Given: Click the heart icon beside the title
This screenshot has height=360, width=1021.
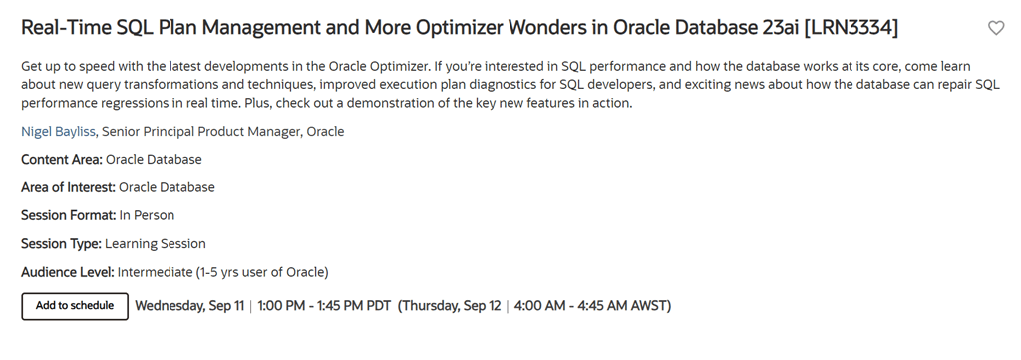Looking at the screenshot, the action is click(996, 28).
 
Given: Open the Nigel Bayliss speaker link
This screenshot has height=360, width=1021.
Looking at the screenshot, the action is click(58, 132).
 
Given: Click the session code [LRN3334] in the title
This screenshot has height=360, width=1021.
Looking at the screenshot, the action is click(851, 28).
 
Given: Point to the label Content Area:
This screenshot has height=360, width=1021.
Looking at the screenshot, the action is click(62, 160).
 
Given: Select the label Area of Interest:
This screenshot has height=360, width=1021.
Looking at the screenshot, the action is click(69, 187).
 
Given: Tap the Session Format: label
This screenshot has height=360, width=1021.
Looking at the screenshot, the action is click(69, 215).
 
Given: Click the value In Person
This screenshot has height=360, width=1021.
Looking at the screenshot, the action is click(147, 215).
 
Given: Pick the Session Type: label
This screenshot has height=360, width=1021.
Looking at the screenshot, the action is click(61, 244).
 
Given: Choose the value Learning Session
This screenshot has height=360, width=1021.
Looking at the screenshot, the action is click(155, 244).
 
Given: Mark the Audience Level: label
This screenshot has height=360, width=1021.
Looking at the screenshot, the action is click(68, 272).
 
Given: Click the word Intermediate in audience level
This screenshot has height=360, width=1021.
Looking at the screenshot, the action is click(155, 272).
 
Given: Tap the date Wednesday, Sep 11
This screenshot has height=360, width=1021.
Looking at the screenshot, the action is click(189, 306).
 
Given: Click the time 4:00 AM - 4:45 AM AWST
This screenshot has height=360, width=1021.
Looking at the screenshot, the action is click(590, 306).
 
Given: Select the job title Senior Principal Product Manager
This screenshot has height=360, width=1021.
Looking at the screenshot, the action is click(201, 132).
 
